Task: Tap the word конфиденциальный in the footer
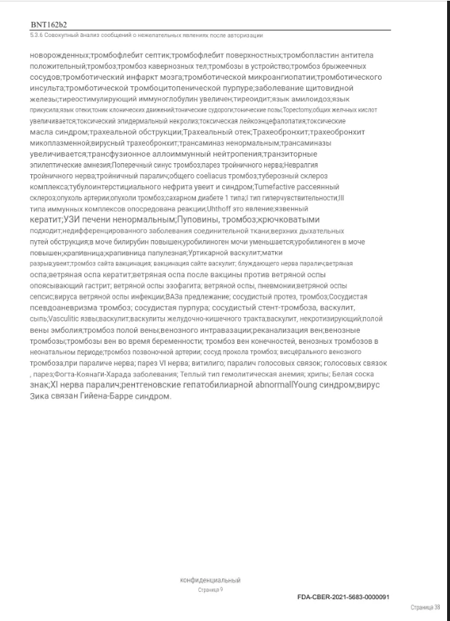coord(210,580)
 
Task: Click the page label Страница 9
coord(210,591)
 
